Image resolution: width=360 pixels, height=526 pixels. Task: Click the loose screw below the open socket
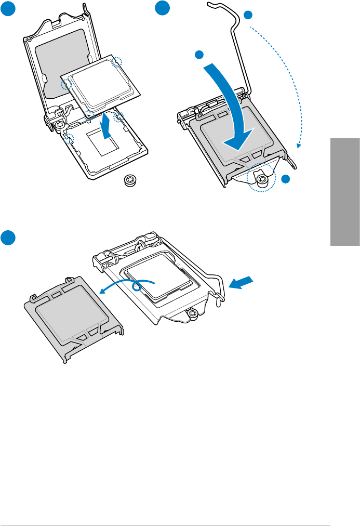point(129,181)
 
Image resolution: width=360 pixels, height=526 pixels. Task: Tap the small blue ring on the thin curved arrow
point(139,286)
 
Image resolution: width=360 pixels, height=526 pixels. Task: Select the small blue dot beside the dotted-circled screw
point(285,179)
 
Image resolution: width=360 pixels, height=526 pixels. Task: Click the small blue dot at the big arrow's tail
point(198,55)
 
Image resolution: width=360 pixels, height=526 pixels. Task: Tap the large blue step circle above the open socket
point(7,7)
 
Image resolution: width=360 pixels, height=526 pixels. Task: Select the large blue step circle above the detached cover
point(7,237)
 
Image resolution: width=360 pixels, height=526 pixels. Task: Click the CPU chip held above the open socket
point(101,81)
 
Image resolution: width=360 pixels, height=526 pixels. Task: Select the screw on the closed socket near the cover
point(192,313)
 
